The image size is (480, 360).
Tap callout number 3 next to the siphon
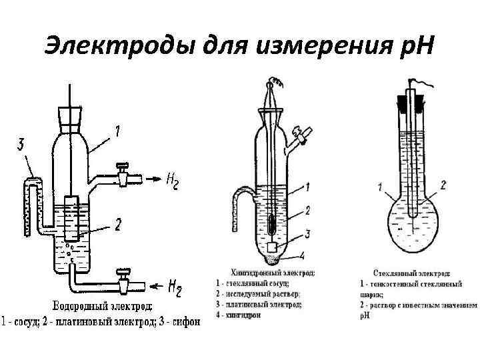pyautogui.click(x=22, y=144)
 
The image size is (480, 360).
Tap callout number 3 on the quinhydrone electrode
pyautogui.click(x=307, y=233)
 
